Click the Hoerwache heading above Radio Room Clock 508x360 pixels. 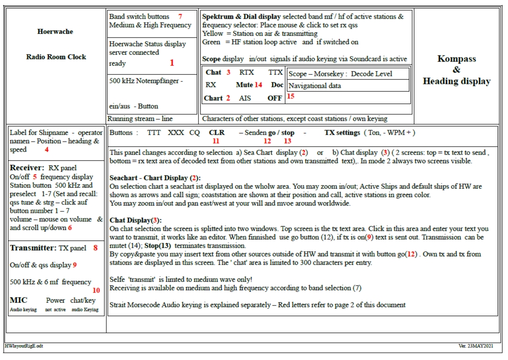click(55, 31)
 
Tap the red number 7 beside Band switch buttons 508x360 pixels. click(180, 16)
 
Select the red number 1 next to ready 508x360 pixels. click(172, 63)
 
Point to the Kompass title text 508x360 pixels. click(457, 59)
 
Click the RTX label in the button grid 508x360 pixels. click(247, 72)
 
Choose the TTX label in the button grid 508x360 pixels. click(275, 72)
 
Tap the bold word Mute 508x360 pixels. click(244, 85)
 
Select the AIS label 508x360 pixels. click(245, 98)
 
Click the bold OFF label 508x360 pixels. click(274, 98)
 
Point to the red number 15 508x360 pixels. click(291, 97)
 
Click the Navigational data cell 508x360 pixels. click(315, 86)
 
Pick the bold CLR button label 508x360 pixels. click(217, 133)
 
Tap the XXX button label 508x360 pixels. click(176, 133)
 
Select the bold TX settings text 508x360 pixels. click(342, 133)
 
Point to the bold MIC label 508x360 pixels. click(18, 300)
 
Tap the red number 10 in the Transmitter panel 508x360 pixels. click(96, 290)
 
